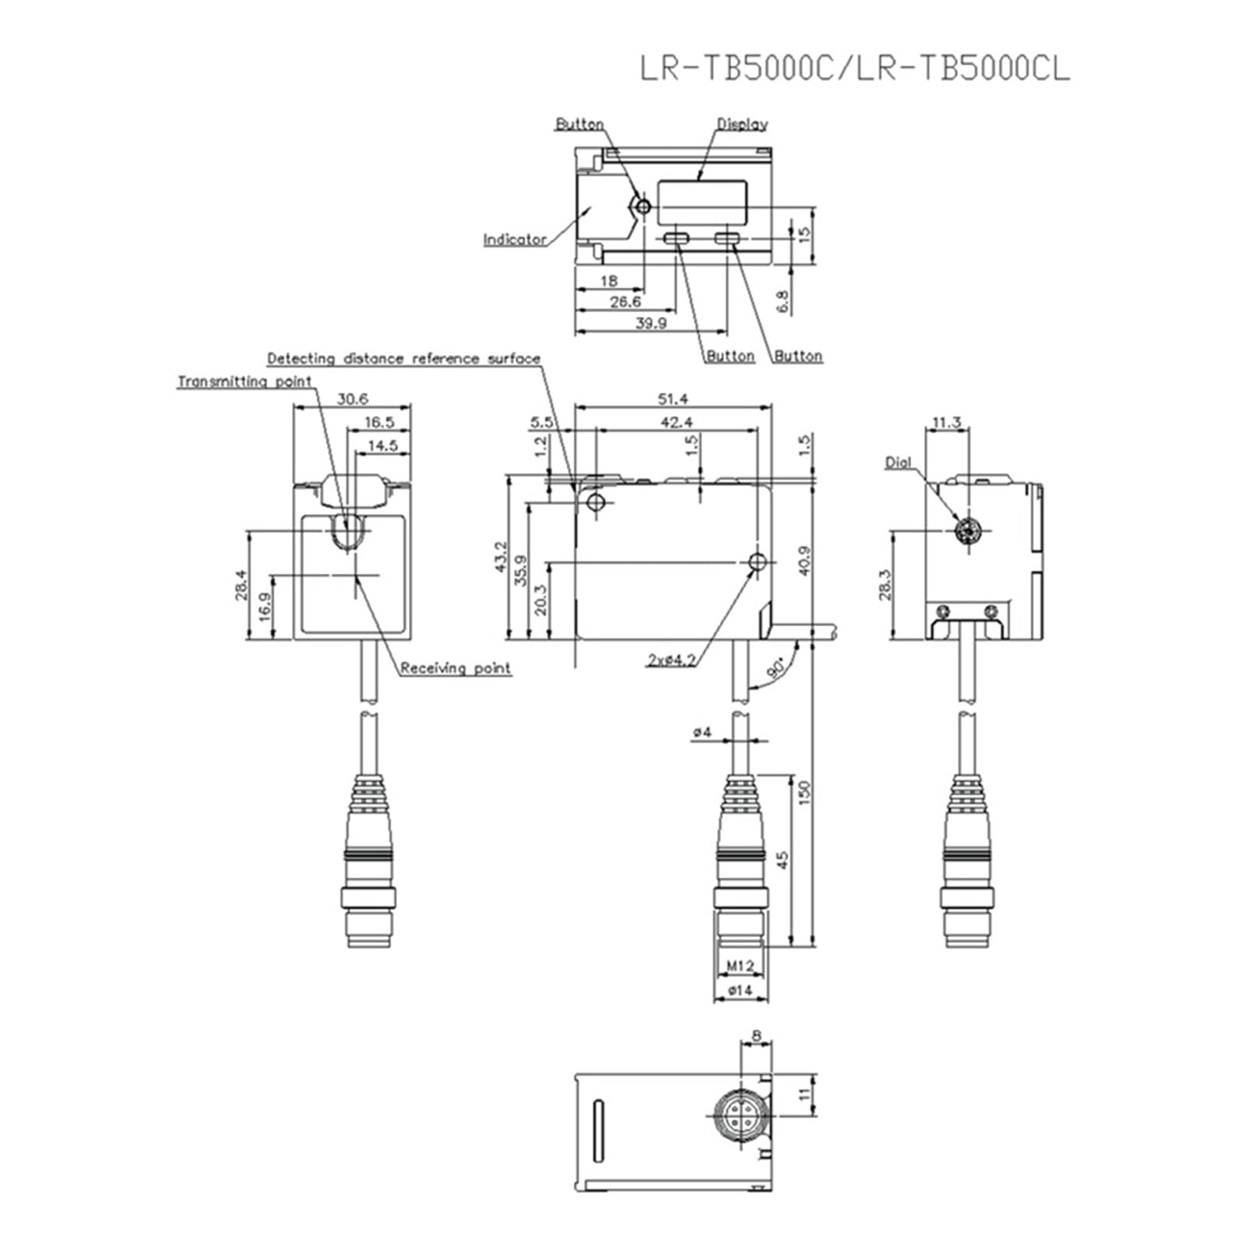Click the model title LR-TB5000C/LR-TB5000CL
pyautogui.click(x=854, y=69)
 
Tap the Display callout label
pyautogui.click(x=742, y=124)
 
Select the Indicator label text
pyautogui.click(x=515, y=240)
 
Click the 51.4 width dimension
pyautogui.click(x=673, y=399)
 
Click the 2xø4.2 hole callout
pyautogui.click(x=671, y=660)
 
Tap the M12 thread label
pyautogui.click(x=741, y=966)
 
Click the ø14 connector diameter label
pyautogui.click(x=740, y=991)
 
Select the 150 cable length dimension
pyautogui.click(x=805, y=791)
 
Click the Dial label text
pyautogui.click(x=898, y=463)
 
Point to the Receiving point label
pyautogui.click(x=456, y=668)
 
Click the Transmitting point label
pyautogui.click(x=245, y=382)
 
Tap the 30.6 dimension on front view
pyautogui.click(x=353, y=399)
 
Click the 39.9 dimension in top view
pyautogui.click(x=651, y=323)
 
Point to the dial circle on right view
pyautogui.click(x=968, y=532)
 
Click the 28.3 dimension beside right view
pyautogui.click(x=885, y=585)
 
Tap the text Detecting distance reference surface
pyautogui.click(x=403, y=359)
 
